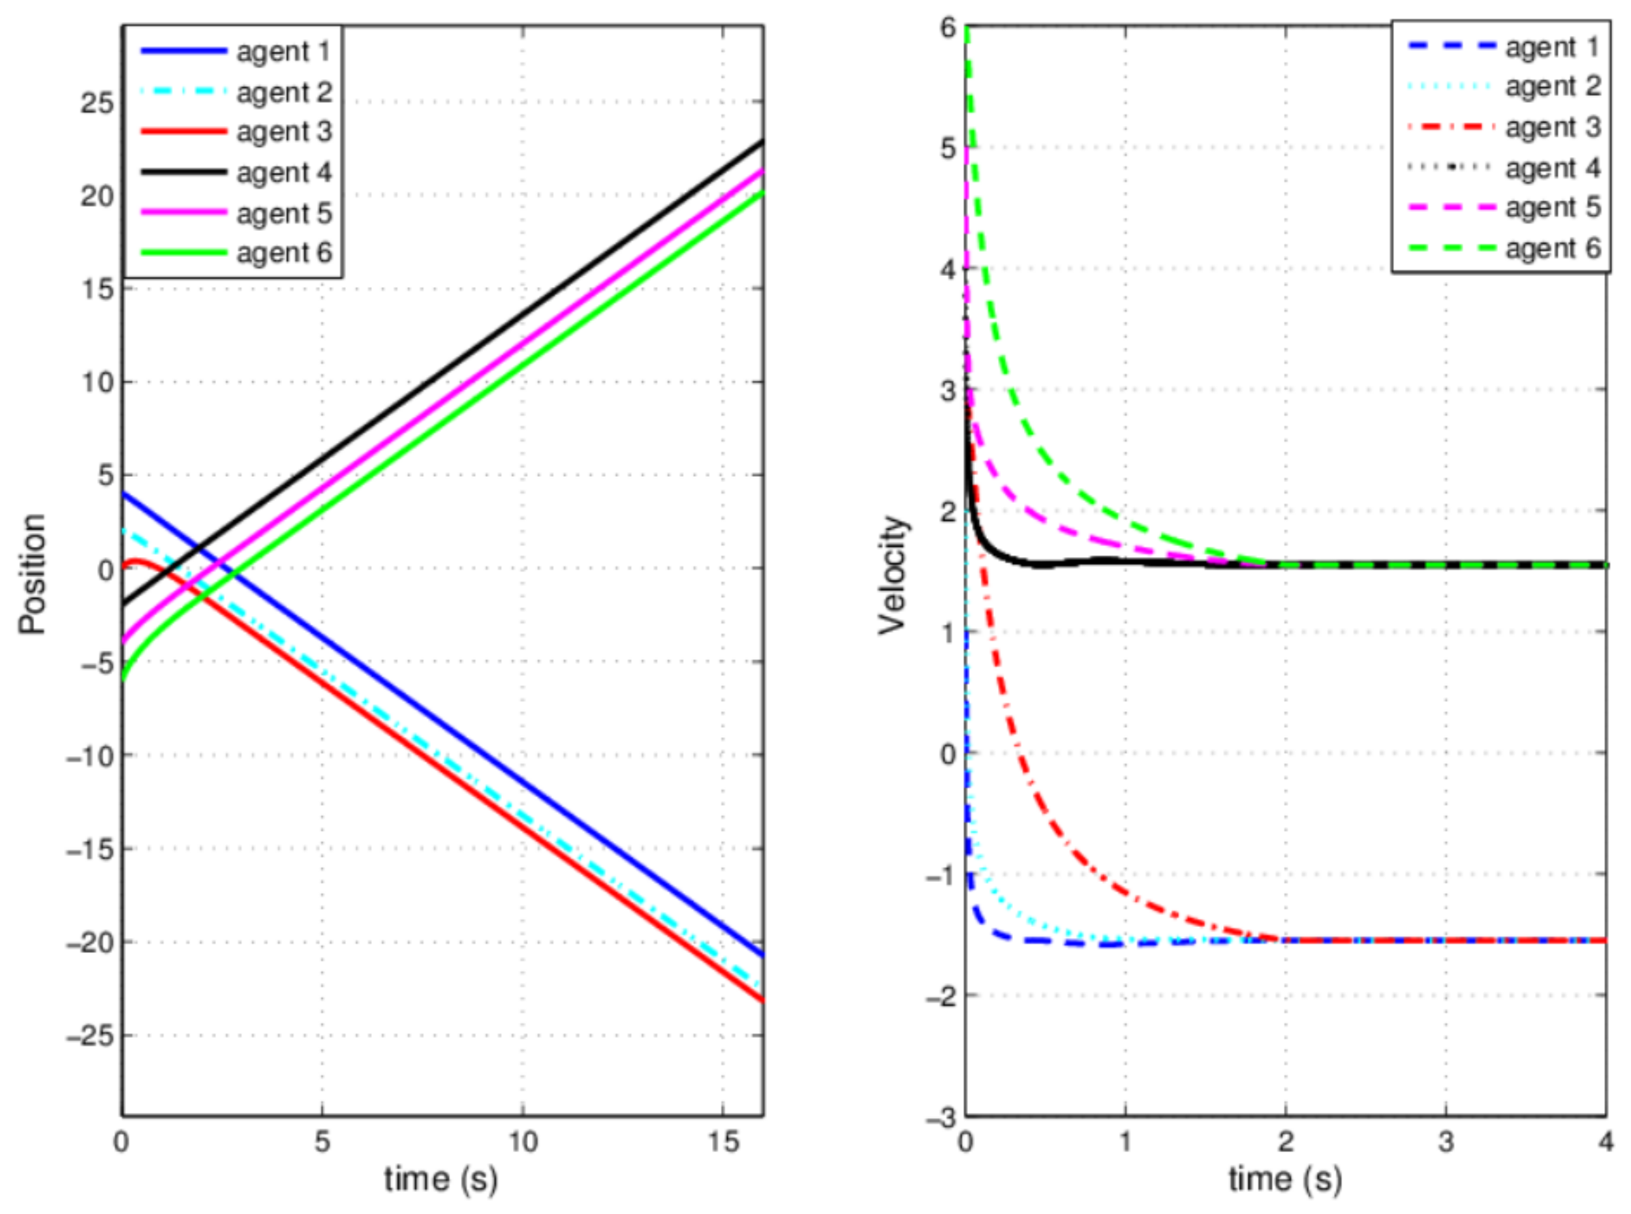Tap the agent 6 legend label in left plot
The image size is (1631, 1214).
point(284,253)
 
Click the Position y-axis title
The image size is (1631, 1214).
point(33,573)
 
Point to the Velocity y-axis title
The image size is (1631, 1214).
point(893,575)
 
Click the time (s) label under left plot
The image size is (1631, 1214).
point(441,1179)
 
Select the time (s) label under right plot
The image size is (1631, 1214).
point(1285,1179)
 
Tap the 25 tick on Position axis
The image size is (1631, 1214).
point(97,103)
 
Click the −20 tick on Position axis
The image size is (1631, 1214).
point(89,943)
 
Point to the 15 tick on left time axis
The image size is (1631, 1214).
point(723,1140)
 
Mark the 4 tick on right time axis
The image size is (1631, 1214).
point(1606,1140)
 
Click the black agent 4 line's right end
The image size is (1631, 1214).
point(762,141)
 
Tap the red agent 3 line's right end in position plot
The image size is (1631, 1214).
point(762,999)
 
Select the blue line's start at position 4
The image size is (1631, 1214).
point(123,493)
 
